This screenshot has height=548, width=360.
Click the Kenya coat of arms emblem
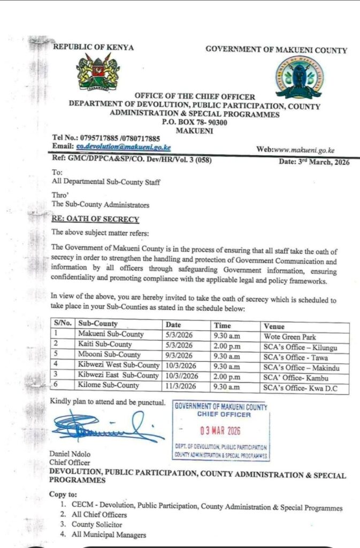[x=97, y=73]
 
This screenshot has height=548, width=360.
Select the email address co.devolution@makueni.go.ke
[x=123, y=146]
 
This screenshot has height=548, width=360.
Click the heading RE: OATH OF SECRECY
[x=95, y=219]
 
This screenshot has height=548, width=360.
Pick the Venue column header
[x=274, y=326]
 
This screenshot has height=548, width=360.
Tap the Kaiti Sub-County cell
[x=105, y=345]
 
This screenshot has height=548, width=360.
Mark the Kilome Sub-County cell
[x=109, y=385]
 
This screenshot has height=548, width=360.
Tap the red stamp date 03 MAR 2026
[x=220, y=430]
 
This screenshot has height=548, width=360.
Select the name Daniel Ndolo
[x=70, y=454]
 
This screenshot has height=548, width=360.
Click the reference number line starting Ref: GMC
[x=133, y=159]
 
